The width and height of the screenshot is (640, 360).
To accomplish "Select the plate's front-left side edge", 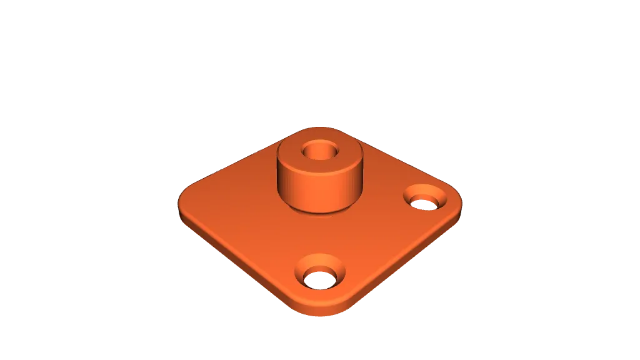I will click(244, 262).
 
